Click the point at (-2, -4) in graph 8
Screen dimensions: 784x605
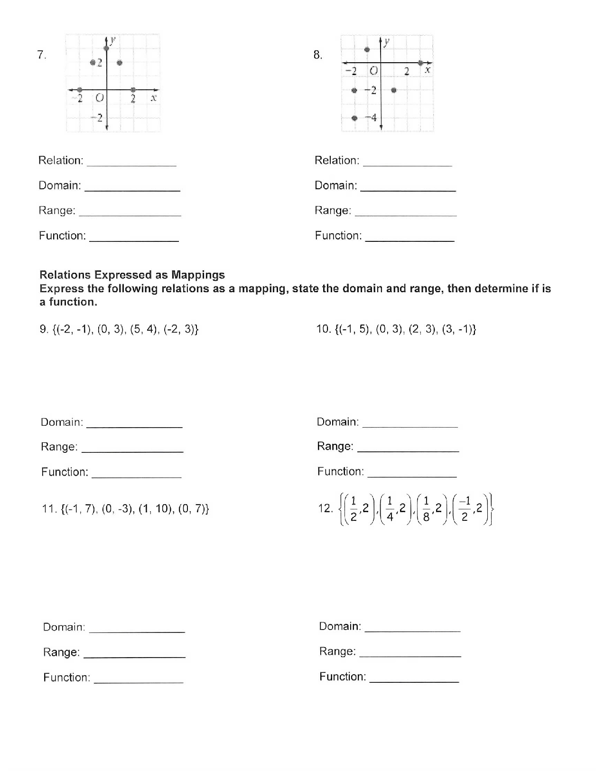point(354,118)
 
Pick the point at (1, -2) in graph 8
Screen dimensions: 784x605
point(394,90)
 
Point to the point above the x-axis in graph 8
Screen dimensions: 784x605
point(367,50)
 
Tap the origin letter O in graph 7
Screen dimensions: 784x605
point(99,98)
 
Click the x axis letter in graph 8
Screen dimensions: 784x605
point(427,70)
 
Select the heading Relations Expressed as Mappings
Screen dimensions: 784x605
point(132,275)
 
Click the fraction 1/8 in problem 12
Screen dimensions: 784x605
point(426,508)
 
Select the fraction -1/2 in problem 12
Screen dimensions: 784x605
point(465,508)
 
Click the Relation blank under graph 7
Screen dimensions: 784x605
point(132,162)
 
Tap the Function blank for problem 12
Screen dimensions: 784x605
point(414,678)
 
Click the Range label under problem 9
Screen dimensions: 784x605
point(59,447)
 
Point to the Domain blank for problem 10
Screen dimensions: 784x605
point(410,423)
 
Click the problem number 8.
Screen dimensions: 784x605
point(318,55)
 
